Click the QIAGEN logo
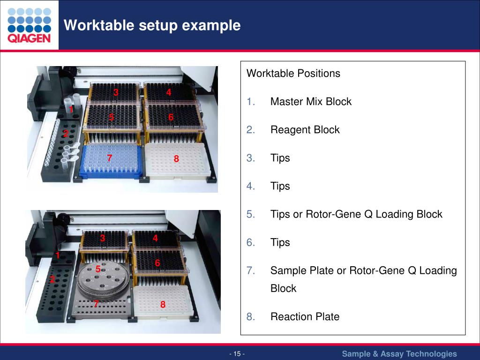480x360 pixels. [x=29, y=25]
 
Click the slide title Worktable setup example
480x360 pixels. [x=152, y=25]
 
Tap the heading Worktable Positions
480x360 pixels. [x=293, y=74]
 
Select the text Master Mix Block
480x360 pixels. [x=311, y=102]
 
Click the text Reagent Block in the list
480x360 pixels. [x=305, y=130]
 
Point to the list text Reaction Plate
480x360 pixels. [x=305, y=317]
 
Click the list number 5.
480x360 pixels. [x=250, y=214]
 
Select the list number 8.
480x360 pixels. [x=250, y=317]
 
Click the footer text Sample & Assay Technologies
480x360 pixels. [x=399, y=353]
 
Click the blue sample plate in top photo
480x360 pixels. [x=112, y=162]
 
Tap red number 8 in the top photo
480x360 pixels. [x=176, y=159]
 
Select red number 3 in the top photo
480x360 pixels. [x=115, y=93]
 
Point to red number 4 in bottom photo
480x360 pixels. [x=155, y=238]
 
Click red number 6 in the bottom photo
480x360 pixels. [x=157, y=263]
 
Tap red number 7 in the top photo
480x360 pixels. [x=109, y=158]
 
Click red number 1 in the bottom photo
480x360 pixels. [x=57, y=256]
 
